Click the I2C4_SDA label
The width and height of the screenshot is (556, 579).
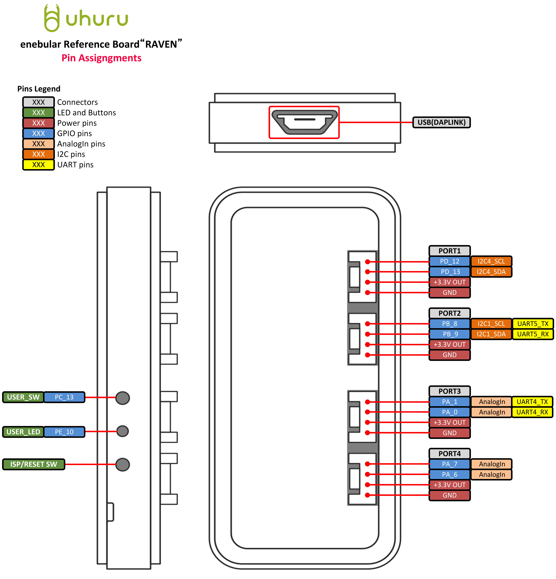[491, 272]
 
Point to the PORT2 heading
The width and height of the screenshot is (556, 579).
[449, 313]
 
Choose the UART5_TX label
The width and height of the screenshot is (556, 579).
[533, 324]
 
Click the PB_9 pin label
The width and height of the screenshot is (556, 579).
[449, 334]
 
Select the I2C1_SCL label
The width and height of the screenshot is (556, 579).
[491, 324]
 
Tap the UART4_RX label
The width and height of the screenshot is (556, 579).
[532, 412]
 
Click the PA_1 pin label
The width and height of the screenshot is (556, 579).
[449, 402]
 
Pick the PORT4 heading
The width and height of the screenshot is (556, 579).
[449, 454]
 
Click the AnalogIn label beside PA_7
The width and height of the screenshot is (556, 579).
[491, 464]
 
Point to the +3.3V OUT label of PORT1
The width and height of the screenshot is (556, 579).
[449, 282]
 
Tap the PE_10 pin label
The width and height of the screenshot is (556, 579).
[64, 432]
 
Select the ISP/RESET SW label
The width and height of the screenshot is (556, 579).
[34, 464]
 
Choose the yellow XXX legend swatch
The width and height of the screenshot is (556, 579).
[38, 165]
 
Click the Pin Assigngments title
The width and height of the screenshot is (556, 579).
[101, 58]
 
